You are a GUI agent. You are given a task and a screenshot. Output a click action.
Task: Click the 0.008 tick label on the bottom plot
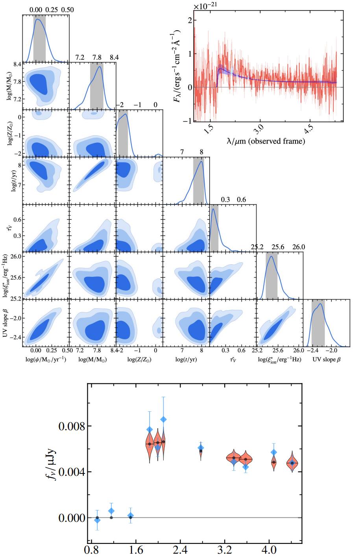click(71, 426)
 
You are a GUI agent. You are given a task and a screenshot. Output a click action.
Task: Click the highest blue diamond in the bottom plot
click(163, 420)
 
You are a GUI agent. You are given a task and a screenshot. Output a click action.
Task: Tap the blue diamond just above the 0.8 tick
click(97, 520)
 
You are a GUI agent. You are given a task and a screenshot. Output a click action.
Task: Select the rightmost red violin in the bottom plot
click(292, 463)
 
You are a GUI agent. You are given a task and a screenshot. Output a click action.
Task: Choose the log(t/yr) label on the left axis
click(13, 179)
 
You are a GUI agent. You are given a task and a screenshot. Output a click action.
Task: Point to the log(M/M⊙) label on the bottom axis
click(92, 359)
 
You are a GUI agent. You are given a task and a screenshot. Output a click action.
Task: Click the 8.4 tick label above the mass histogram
click(114, 57)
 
